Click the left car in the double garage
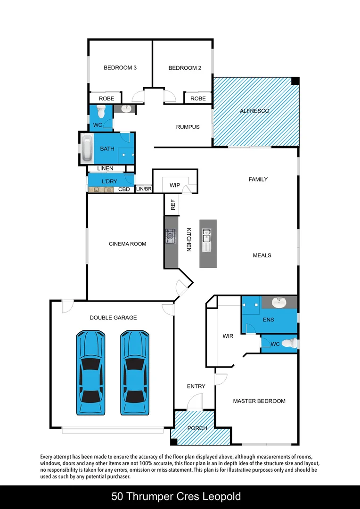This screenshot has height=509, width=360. [x=91, y=372]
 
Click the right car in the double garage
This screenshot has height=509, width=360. [x=135, y=372]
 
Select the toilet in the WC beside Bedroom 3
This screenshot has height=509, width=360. [x=100, y=112]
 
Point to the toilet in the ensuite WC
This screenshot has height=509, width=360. [x=292, y=344]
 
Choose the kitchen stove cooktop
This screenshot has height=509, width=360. [x=170, y=235]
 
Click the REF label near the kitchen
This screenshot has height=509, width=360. [x=173, y=205]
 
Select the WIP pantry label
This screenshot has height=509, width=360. [x=174, y=186]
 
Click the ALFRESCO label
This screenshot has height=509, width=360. [x=254, y=111]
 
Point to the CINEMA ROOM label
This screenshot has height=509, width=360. [x=127, y=244]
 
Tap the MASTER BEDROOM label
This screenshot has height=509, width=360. [x=259, y=401]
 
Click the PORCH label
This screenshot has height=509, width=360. [x=197, y=428]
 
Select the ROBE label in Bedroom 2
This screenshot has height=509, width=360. [x=198, y=99]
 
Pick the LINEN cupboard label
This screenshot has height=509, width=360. [x=105, y=168]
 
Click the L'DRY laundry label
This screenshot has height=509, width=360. [x=109, y=181]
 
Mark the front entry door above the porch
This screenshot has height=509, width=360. [x=194, y=404]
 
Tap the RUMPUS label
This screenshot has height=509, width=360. [x=188, y=127]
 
